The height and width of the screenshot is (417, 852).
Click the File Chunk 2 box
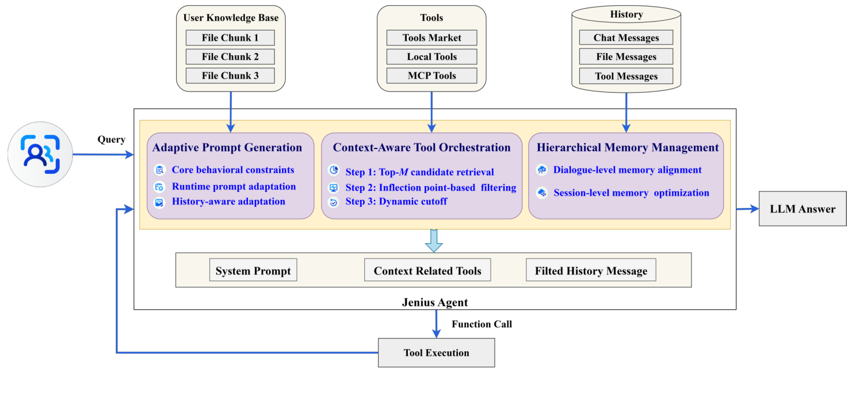coord(230,56)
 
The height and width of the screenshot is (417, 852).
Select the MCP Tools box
coord(431,75)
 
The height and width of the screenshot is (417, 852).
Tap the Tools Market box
coord(431,38)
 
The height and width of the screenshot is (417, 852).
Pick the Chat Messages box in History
coord(626,38)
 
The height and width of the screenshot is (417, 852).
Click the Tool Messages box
coord(626,76)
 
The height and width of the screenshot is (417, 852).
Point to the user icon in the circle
coord(40,154)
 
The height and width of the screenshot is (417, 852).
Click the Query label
coord(112,139)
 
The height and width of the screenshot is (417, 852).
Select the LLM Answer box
coord(803,208)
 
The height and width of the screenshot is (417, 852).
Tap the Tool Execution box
coord(436,352)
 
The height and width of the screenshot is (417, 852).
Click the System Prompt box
coord(253,271)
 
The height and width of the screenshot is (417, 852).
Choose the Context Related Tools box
coord(427,271)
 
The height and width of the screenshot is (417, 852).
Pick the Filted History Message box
coord(591,271)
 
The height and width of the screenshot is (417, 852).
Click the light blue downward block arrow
coord(434,240)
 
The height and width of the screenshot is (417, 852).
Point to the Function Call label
coord(482,324)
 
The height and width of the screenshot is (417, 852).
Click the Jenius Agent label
coord(434,302)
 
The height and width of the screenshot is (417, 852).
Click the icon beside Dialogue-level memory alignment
coord(542,170)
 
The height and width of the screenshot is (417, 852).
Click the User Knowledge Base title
coord(231,17)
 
